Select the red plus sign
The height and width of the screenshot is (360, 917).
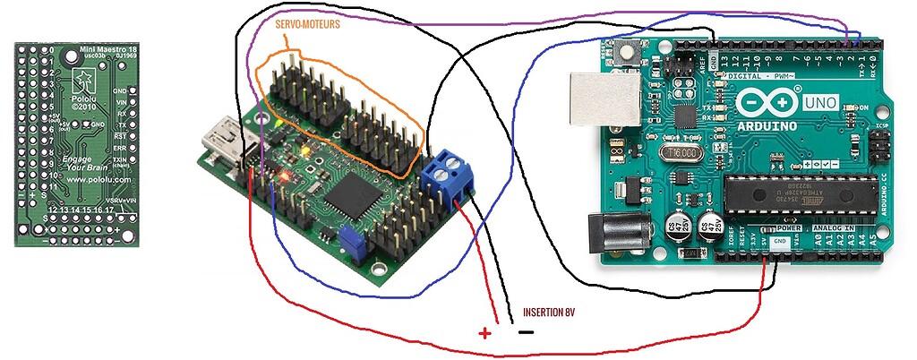(484, 333)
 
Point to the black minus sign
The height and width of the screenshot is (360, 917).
(527, 331)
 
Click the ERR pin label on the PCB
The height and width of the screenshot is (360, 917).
(119, 147)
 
